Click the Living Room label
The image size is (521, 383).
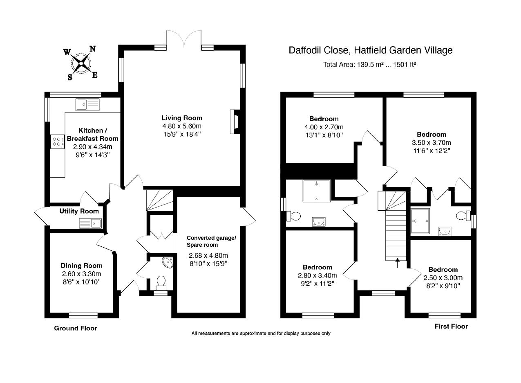[181, 118]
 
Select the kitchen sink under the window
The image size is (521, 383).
[87, 104]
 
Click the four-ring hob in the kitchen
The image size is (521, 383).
[58, 142]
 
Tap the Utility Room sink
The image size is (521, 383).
[91, 223]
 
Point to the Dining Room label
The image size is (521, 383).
[81, 266]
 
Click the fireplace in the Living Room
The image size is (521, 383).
[235, 122]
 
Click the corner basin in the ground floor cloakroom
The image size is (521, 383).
[168, 262]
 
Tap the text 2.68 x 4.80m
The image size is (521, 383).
[208, 256]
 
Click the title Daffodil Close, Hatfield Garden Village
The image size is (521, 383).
[370, 50]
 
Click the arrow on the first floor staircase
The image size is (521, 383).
[397, 262]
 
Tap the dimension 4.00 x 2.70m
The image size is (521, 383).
[321, 127]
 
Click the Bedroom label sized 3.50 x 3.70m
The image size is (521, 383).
[431, 134]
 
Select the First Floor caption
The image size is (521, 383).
[451, 326]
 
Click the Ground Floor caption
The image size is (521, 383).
[76, 328]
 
